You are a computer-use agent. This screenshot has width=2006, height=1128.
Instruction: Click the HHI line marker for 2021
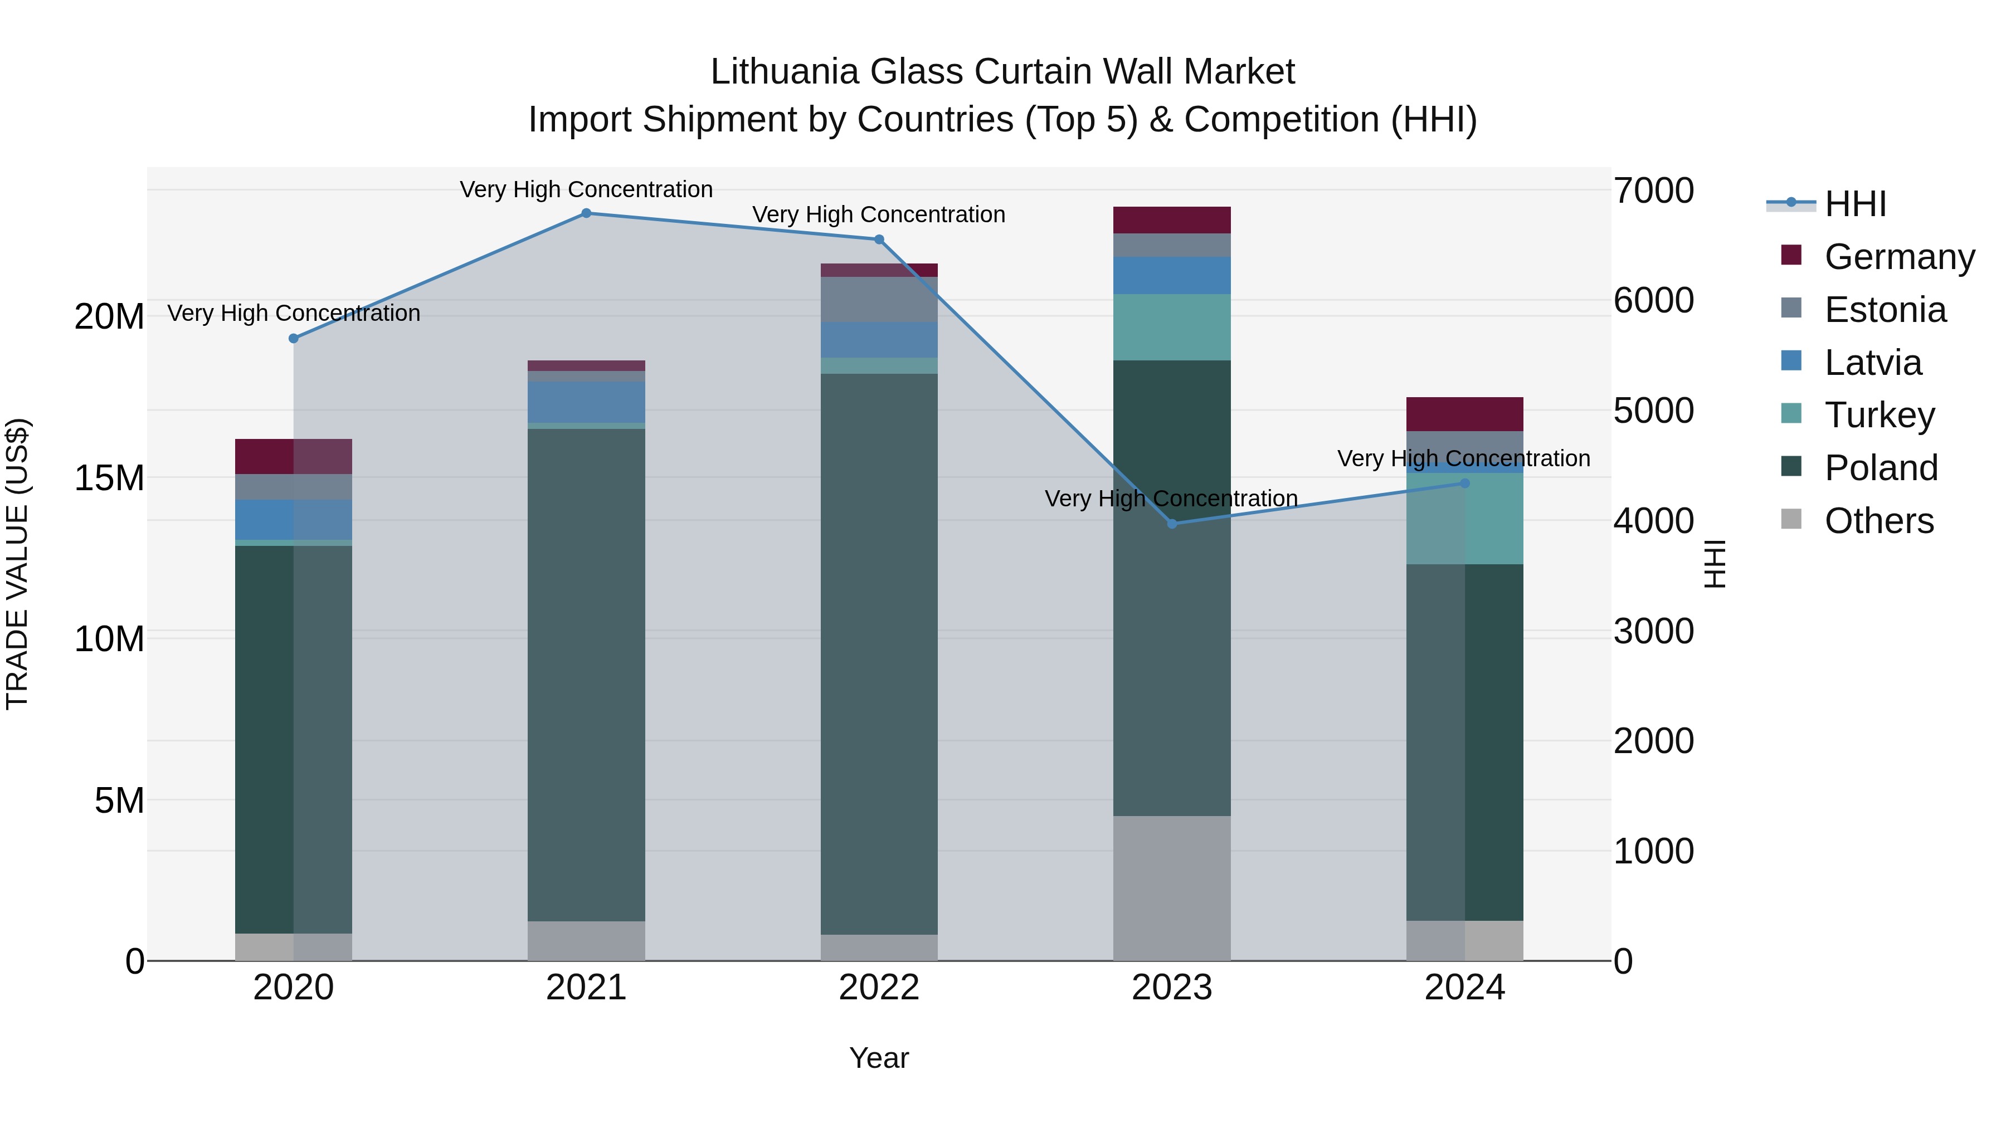586,213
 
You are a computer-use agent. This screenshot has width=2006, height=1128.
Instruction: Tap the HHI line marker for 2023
1172,524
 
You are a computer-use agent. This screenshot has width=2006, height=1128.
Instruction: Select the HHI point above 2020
294,339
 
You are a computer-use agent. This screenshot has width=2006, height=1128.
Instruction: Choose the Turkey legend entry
1879,415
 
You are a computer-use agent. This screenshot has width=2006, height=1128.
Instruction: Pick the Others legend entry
1878,521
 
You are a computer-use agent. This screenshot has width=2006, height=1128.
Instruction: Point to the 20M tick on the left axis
109,317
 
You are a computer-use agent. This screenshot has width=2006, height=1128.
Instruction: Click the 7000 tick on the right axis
1653,191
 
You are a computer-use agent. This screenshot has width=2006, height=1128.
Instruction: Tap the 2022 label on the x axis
879,988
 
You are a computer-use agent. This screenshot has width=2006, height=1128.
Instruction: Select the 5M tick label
119,800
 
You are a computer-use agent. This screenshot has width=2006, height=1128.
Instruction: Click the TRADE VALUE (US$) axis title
17,564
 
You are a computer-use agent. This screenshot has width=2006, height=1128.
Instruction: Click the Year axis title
879,1058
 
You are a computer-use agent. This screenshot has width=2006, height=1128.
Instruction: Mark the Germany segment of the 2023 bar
1172,220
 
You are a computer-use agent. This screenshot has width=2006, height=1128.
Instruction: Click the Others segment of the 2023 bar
1172,888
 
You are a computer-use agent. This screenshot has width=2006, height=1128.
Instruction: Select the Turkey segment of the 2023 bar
1172,327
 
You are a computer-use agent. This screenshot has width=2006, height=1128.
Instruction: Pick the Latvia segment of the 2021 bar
586,402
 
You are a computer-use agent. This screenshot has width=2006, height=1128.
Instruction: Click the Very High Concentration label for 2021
586,189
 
